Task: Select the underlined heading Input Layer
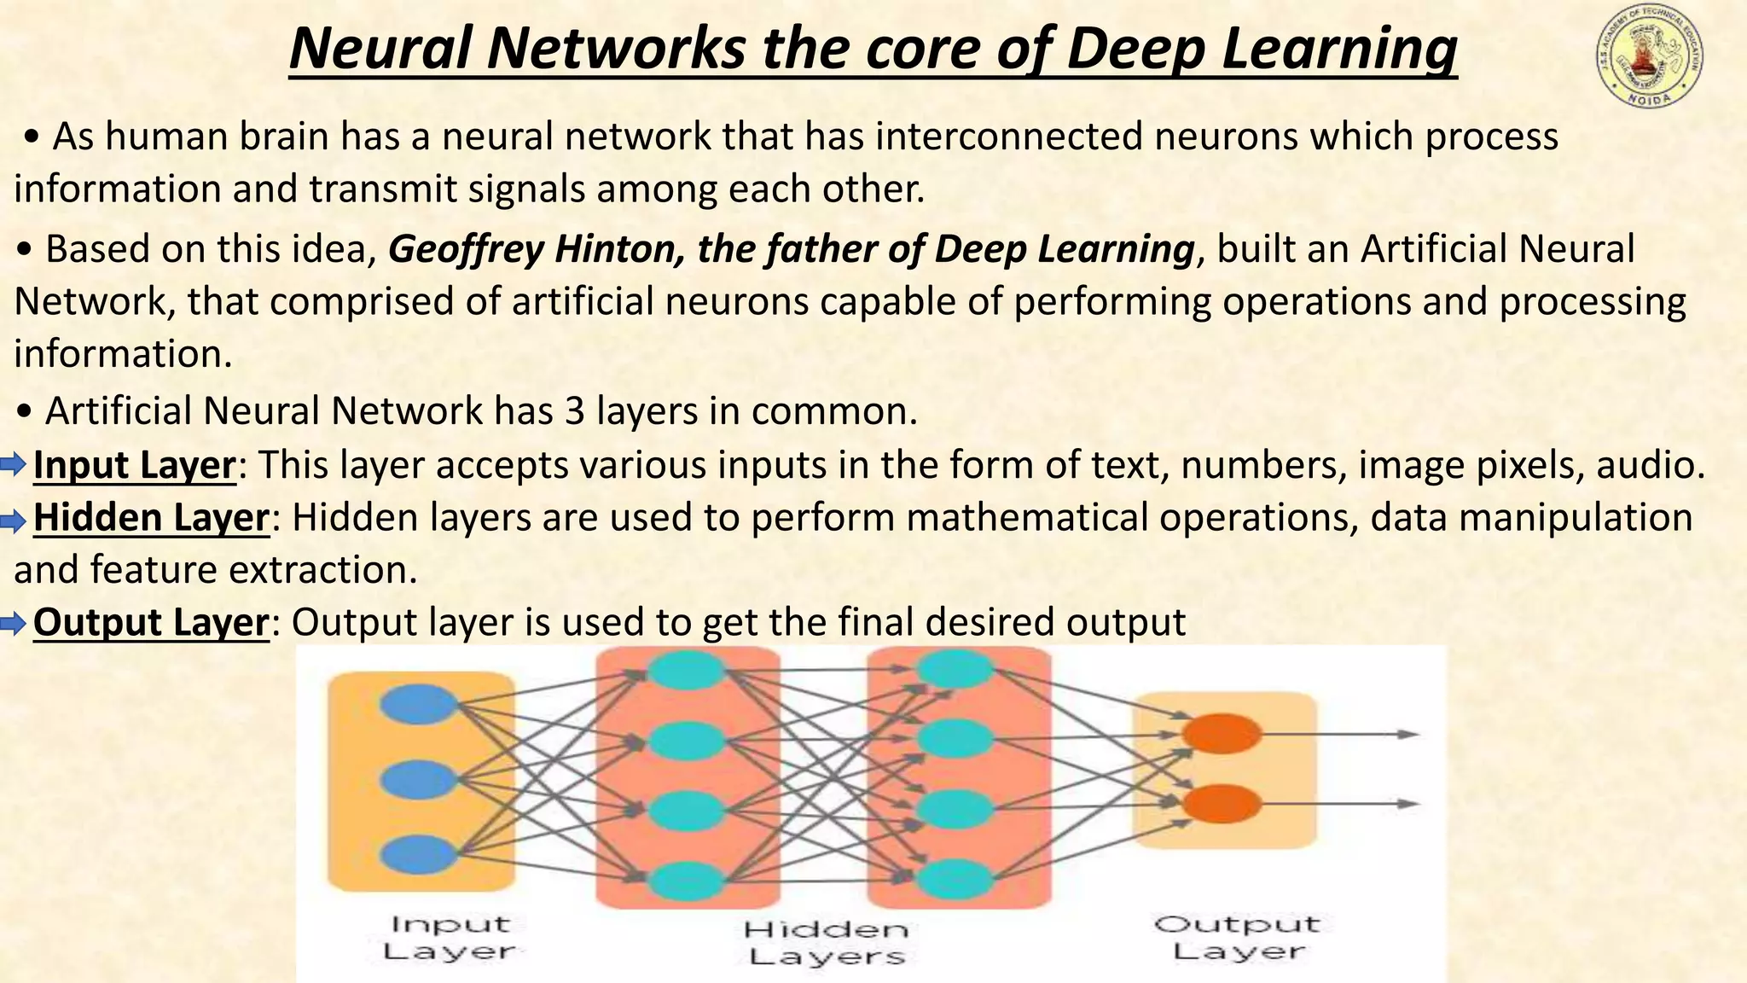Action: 134,466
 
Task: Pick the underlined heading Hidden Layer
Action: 151,519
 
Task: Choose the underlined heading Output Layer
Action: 151,623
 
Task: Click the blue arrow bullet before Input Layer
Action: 14,466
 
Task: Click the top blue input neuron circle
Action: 418,705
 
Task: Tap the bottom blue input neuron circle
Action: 418,854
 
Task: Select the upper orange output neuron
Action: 1222,734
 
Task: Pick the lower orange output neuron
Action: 1222,804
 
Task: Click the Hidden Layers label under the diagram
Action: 826,942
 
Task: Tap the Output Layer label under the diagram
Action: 1237,937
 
